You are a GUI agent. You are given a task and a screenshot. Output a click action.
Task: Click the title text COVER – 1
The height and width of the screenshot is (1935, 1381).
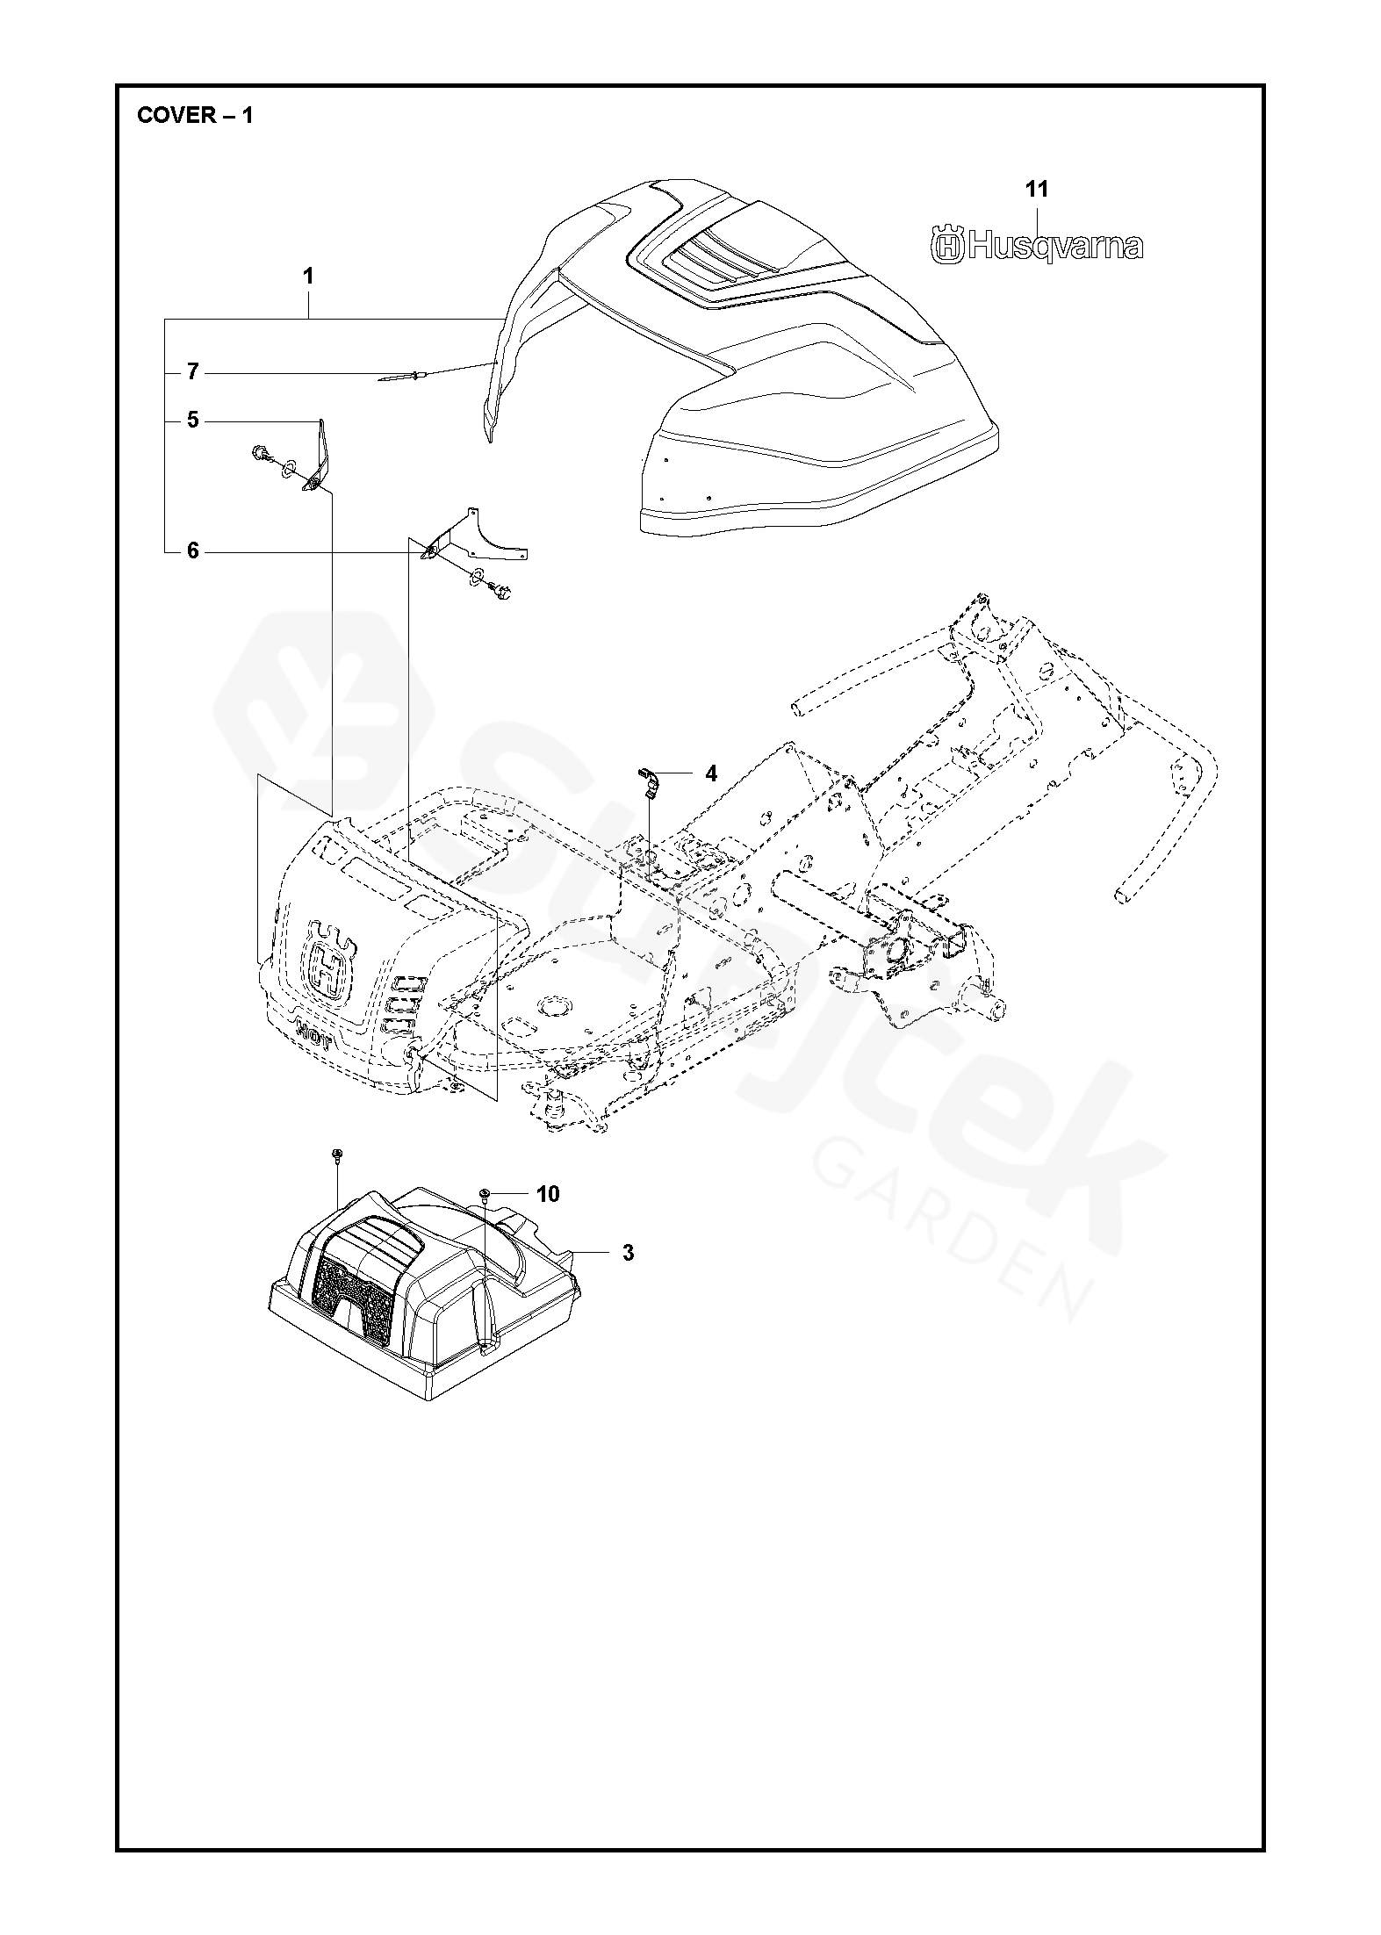[x=195, y=116]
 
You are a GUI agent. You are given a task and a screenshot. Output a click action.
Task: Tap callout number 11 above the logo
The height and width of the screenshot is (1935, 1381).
[x=1037, y=189]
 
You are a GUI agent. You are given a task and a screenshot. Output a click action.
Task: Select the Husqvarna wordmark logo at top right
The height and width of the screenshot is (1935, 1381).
[x=1037, y=246]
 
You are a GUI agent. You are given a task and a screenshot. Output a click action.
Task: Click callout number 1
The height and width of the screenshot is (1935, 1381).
[x=308, y=276]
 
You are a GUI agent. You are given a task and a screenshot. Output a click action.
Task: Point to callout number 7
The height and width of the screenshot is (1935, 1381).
[x=192, y=372]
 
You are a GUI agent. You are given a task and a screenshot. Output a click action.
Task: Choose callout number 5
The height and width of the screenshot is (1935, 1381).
[x=192, y=421]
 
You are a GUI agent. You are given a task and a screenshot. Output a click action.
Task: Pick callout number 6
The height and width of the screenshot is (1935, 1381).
[x=192, y=551]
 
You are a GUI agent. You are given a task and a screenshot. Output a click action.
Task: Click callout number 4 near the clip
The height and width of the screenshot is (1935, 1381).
[x=710, y=773]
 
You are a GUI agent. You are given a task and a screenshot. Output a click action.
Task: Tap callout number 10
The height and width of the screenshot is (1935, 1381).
[x=547, y=1194]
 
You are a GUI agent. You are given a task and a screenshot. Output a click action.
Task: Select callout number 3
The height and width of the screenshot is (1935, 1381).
[x=628, y=1253]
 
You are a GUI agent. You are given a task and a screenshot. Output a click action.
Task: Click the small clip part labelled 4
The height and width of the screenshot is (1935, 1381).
[x=648, y=781]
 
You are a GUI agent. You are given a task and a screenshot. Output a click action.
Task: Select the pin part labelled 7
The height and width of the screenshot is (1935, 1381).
[x=404, y=377]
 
